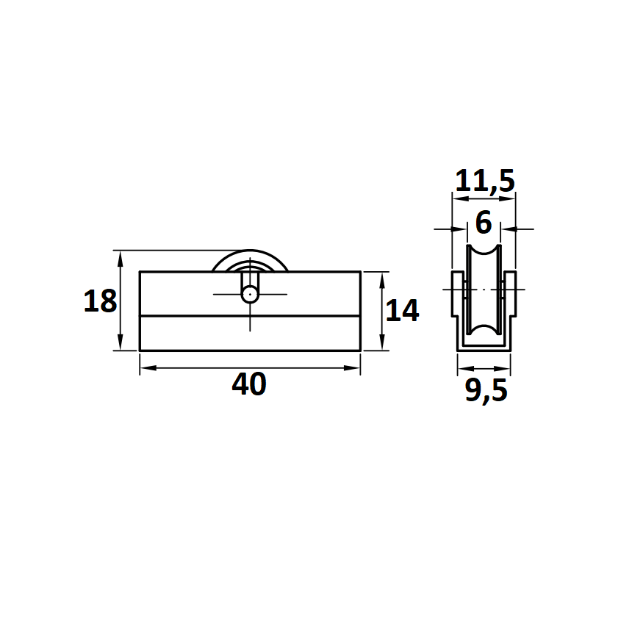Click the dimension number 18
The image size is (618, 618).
click(x=100, y=301)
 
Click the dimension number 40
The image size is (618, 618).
click(x=249, y=384)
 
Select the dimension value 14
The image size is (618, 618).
click(x=402, y=310)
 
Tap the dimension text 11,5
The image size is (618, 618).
click(x=485, y=181)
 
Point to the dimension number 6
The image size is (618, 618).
click(x=484, y=223)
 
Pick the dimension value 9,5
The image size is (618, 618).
click(x=486, y=391)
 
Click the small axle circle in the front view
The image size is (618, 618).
click(x=250, y=295)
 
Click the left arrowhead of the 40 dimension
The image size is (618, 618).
click(x=148, y=367)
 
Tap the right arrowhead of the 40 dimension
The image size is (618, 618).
click(x=351, y=367)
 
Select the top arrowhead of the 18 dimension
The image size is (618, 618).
click(x=121, y=259)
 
